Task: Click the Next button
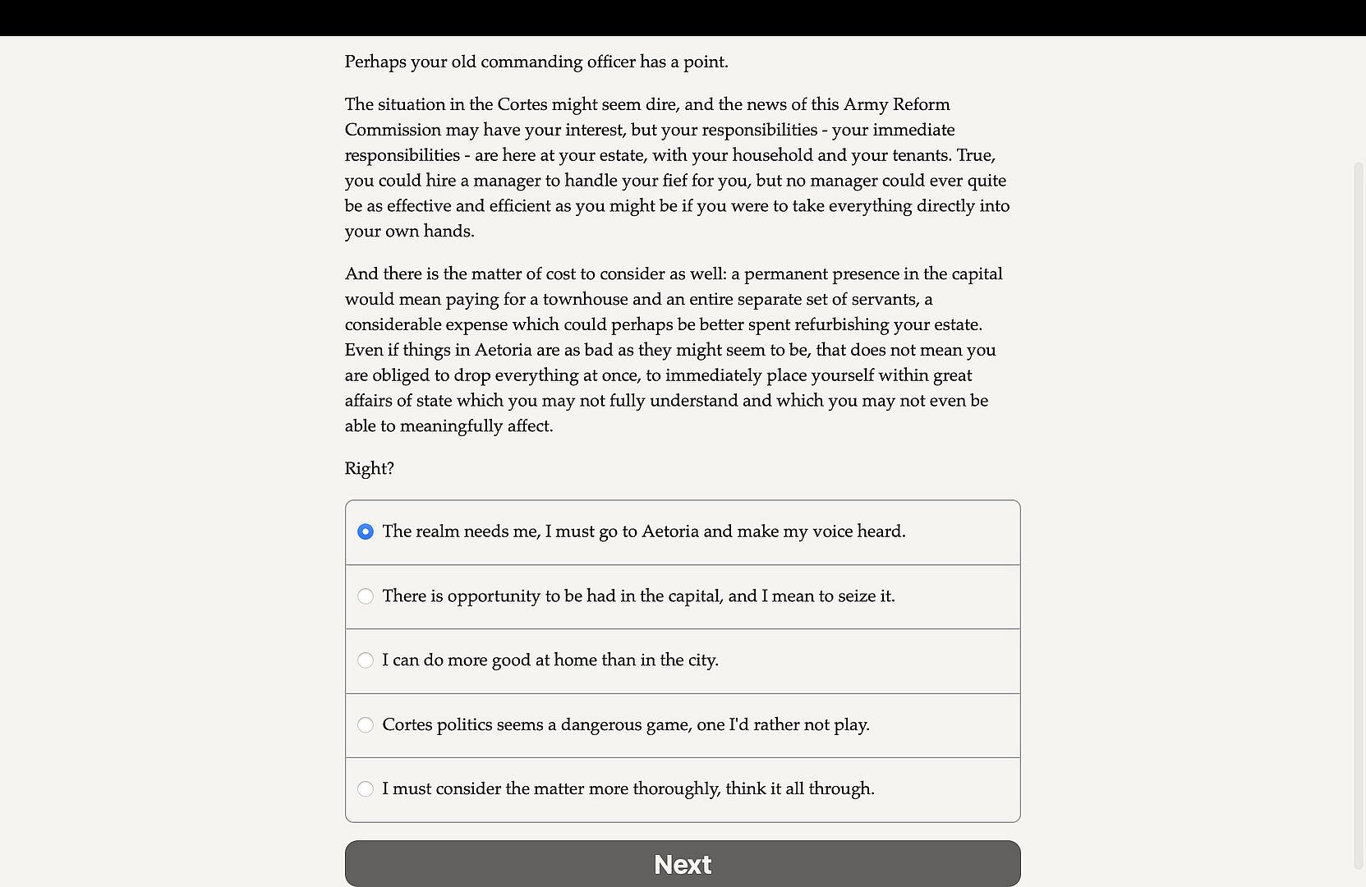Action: point(683,864)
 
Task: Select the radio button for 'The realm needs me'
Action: point(366,531)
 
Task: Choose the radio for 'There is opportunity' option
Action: point(366,596)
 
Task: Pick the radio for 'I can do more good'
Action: point(366,660)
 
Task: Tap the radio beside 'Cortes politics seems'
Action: point(366,724)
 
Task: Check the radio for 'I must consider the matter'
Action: point(366,789)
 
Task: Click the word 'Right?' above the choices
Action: point(369,469)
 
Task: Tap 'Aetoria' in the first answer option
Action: point(670,531)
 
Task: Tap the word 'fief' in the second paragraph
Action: point(675,181)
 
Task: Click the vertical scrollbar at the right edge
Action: point(1358,493)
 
